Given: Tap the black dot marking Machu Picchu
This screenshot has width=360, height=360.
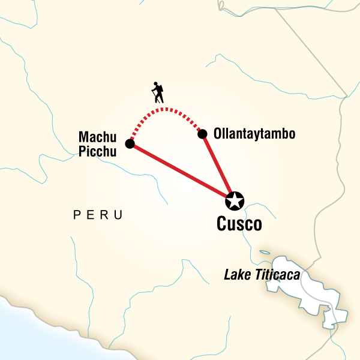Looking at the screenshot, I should [130, 143].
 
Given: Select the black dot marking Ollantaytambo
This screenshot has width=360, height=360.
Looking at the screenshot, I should [203, 133].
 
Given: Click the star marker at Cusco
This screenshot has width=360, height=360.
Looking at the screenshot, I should [235, 200].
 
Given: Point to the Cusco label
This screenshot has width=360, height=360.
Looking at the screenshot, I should [239, 225].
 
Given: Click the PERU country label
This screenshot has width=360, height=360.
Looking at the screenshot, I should [98, 215].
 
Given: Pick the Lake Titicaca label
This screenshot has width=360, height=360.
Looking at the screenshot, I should [262, 275].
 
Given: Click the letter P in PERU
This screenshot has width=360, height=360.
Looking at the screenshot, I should [76, 215].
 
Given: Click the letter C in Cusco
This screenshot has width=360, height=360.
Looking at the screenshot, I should [221, 225].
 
